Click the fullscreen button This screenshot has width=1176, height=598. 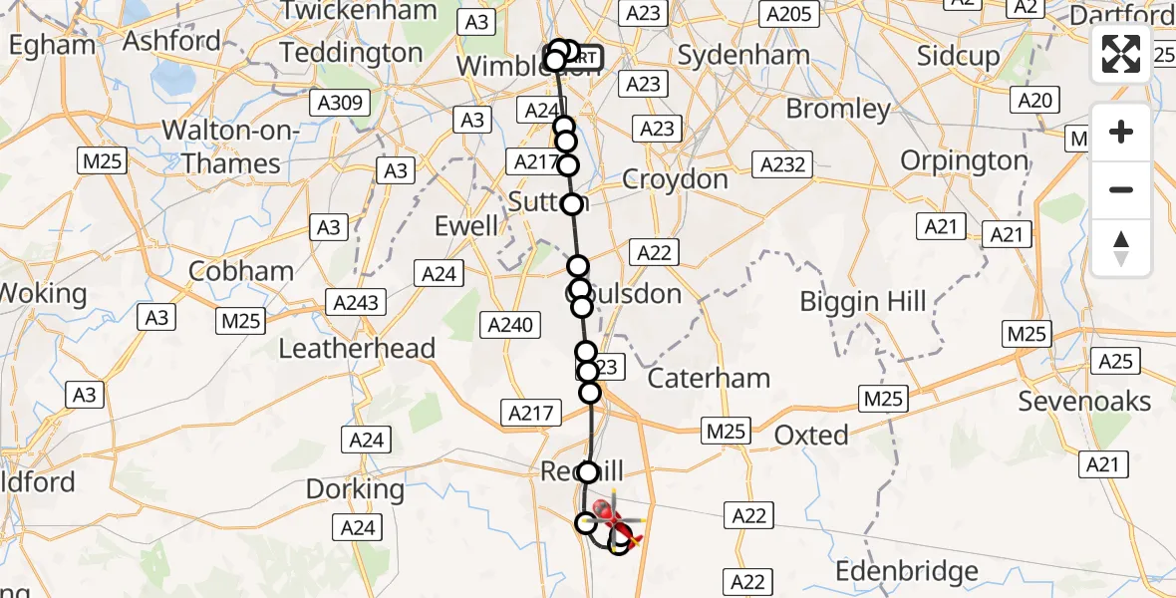coord(1121,53)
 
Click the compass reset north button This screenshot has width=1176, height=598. coord(1121,248)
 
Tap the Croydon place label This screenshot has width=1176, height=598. coord(675,179)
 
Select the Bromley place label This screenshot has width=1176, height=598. coord(838,108)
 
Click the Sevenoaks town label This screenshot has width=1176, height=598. coord(1084,402)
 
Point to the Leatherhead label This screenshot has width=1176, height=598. coord(358,348)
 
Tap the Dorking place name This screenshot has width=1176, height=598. coord(355,489)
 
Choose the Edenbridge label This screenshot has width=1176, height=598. coord(907,571)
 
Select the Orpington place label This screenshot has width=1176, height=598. coord(964,160)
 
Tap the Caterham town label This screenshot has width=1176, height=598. coord(709,378)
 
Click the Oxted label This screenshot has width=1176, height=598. coord(811,435)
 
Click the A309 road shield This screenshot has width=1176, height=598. coord(339,103)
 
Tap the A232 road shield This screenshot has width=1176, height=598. coord(781,164)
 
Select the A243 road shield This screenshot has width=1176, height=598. coord(356,302)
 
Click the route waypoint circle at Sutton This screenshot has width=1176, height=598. coord(572,204)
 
